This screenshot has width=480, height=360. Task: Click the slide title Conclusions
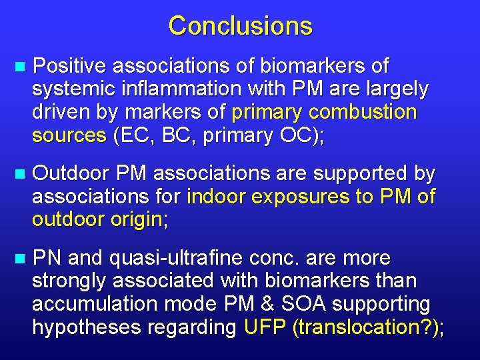click(240, 26)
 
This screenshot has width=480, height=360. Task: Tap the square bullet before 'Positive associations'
click(19, 67)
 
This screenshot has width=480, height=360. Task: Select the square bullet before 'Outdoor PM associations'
click(19, 175)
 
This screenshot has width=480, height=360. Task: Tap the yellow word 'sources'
click(69, 135)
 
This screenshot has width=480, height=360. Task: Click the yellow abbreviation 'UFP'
click(265, 327)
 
